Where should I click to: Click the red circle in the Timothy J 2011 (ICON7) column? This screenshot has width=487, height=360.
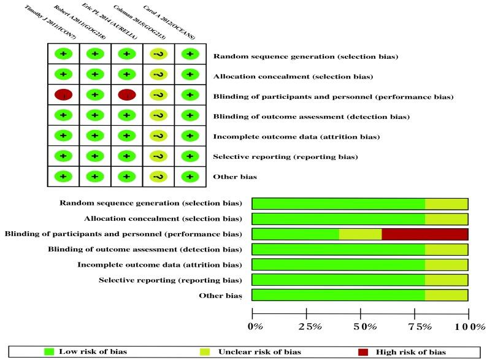coord(64,95)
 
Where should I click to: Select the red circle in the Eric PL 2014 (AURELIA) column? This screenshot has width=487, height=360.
coord(127,95)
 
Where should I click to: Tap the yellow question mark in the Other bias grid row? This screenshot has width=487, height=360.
coord(158,177)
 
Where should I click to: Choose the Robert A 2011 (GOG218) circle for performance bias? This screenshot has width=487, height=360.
coord(95,95)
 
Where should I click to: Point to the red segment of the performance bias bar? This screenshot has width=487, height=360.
coord(424,234)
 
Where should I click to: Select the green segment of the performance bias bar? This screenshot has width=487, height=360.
coord(295,234)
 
